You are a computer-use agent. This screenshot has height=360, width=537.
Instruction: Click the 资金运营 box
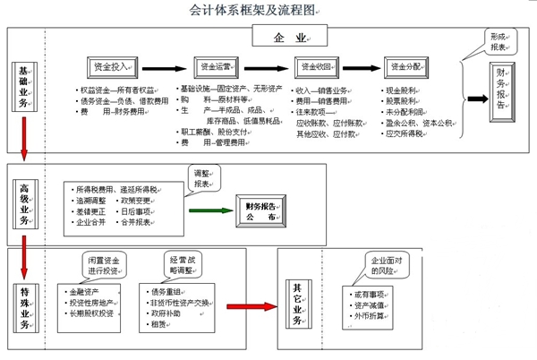pyautogui.click(x=217, y=67)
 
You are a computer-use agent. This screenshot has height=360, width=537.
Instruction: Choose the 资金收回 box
pyautogui.click(x=315, y=67)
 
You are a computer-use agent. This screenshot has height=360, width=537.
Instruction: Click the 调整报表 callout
pyautogui.click(x=205, y=177)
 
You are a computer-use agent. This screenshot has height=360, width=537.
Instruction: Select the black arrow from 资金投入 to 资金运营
pyautogui.click(x=166, y=67)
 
